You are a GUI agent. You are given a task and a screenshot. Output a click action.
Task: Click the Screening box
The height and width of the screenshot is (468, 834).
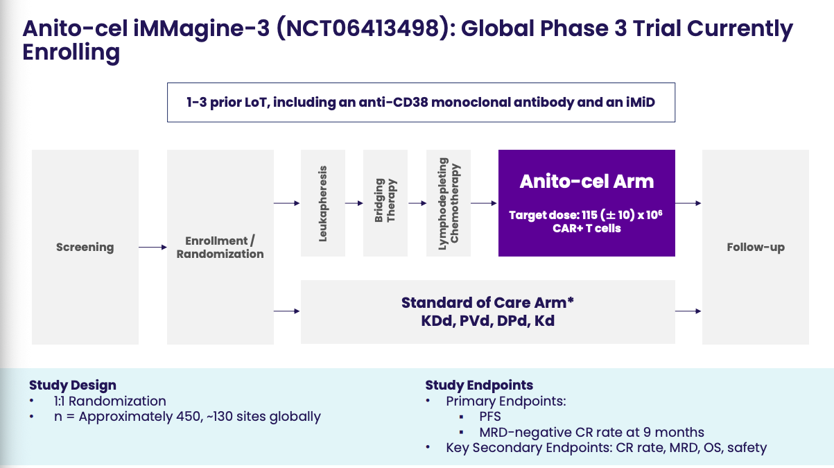point(85,247)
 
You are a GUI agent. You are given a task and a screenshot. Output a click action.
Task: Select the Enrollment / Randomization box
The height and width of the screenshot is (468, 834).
point(220,247)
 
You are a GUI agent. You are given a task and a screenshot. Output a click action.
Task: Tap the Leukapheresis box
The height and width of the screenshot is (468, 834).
point(323,203)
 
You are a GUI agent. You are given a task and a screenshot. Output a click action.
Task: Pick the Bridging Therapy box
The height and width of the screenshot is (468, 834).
point(385,203)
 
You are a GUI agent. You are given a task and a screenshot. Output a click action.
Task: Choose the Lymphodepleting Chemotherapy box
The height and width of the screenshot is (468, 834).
point(449,203)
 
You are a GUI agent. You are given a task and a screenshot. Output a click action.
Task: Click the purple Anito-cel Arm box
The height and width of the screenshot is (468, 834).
point(587,203)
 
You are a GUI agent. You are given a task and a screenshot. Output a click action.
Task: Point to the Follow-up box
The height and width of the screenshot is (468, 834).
point(756,247)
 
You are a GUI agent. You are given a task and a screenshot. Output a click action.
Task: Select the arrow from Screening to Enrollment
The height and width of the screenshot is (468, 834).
point(153,247)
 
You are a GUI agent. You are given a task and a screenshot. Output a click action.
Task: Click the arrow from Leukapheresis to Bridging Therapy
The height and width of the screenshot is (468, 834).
point(354,203)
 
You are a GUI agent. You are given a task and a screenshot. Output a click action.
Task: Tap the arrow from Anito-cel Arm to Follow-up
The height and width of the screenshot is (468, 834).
point(688,203)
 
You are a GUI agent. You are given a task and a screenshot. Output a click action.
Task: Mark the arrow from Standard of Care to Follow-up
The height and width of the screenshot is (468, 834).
point(688,311)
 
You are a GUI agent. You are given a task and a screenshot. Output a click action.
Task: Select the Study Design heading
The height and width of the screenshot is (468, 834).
point(73,385)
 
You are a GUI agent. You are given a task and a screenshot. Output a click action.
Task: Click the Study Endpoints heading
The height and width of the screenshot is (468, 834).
point(479,385)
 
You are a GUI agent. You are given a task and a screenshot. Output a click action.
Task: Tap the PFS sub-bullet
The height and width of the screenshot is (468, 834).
point(490,417)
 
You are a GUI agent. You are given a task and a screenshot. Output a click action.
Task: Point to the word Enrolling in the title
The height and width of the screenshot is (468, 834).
point(71,53)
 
